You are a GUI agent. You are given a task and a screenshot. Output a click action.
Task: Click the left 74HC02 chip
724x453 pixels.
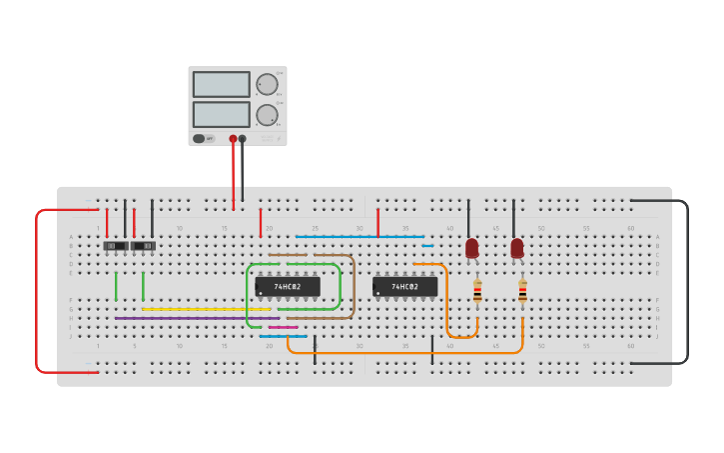point(288,287)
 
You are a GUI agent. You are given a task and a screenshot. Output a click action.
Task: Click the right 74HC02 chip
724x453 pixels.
point(404,287)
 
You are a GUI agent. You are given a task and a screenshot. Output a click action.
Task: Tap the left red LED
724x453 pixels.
point(471,248)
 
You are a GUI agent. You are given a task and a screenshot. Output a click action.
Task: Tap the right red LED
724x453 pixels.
point(516,248)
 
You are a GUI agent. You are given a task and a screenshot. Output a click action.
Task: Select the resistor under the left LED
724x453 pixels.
point(477,291)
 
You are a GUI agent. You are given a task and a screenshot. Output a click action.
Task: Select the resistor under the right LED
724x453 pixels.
point(522,291)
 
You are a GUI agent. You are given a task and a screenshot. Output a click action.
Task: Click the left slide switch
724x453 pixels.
point(116,246)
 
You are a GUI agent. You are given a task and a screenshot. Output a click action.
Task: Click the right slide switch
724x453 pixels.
point(143,246)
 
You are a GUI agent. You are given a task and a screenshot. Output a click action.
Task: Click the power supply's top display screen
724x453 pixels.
point(221,84)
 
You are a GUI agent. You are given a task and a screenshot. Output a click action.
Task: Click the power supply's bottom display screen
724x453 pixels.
point(221,114)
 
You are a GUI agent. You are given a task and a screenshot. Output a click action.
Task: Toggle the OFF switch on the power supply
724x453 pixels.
point(203,139)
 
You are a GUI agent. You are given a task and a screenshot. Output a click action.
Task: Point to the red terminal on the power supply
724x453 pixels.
point(233,139)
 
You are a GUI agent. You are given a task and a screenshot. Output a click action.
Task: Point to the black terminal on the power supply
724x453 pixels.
point(242,139)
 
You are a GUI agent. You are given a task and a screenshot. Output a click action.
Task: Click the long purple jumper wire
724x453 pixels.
point(190,318)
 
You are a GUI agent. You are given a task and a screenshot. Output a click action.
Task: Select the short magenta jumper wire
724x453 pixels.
point(283,327)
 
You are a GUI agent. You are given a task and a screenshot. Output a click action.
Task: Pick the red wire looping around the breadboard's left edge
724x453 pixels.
point(37,290)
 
